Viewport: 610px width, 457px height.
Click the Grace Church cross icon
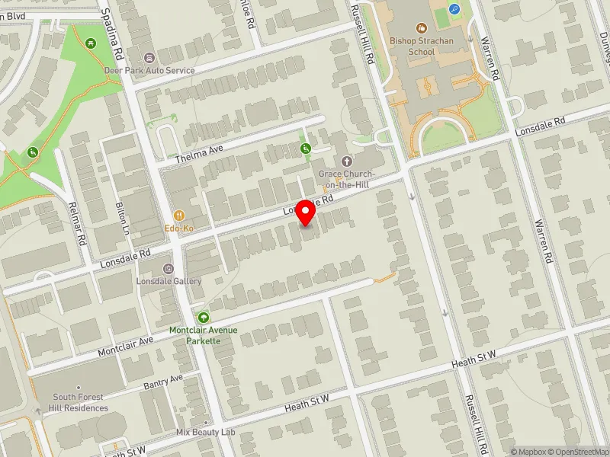[347, 161]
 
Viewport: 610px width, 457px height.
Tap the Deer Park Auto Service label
[149, 70]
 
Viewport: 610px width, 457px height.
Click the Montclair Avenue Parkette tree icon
[203, 317]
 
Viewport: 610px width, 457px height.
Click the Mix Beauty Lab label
[206, 432]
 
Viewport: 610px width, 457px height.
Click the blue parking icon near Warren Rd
[456, 10]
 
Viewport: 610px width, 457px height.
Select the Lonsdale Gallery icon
[169, 268]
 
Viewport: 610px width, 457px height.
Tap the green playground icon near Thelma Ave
[306, 149]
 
